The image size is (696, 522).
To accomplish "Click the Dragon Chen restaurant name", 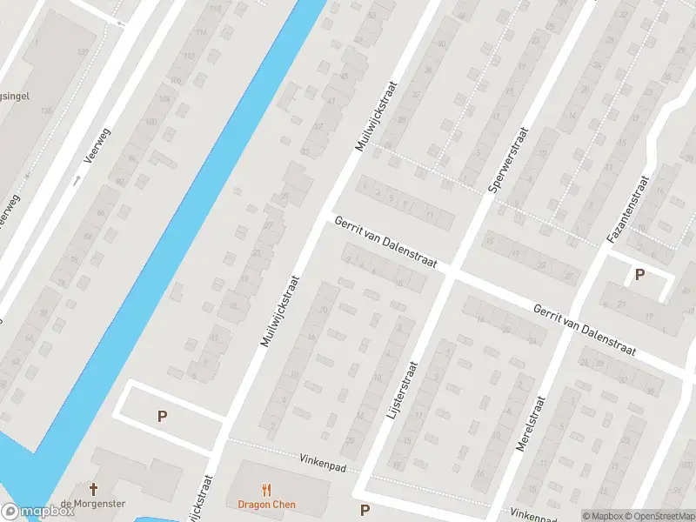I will point(266,505).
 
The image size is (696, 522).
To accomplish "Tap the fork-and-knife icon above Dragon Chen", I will point(266,490).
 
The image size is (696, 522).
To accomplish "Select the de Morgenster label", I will point(93,505).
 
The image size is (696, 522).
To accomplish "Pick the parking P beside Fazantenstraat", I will point(639,275).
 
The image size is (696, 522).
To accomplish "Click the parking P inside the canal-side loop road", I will point(162,417).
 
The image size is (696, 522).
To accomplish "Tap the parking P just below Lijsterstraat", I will point(365,510).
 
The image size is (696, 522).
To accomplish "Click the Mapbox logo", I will point(37,512).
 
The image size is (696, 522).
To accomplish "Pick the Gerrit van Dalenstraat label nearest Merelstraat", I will point(585,330).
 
